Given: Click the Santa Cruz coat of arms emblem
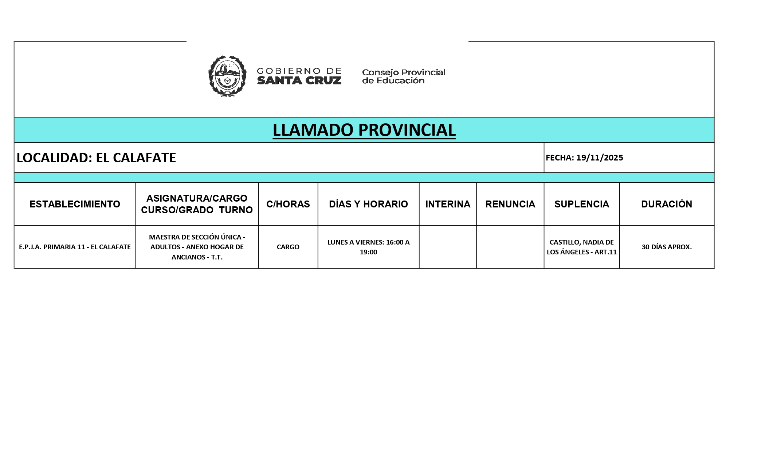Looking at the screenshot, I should [x=227, y=76].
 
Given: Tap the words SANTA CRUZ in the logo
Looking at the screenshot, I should [x=299, y=80].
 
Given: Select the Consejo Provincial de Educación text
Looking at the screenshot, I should [x=404, y=76].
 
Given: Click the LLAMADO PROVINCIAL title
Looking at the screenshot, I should [x=364, y=130].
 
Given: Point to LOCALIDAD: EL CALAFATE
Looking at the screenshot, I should [x=97, y=158].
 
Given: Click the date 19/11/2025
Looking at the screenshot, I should [x=599, y=158].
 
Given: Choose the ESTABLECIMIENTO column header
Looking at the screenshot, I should [x=75, y=204].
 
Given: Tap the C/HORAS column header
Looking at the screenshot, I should [x=288, y=204].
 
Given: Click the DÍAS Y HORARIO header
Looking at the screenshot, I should [x=368, y=204].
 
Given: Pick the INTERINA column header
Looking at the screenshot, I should [x=448, y=204].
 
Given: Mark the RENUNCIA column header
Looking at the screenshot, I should [x=510, y=204].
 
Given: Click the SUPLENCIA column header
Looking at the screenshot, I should [x=581, y=204].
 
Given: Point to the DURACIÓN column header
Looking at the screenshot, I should [x=666, y=204].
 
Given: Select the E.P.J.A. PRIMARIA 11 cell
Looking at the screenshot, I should [x=75, y=247].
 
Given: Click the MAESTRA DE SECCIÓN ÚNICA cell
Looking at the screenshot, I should [x=197, y=247].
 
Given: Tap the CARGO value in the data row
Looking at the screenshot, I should [x=288, y=247].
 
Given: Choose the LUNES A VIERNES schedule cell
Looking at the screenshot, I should [x=368, y=247].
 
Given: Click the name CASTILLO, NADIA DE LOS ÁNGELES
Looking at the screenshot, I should [x=581, y=247].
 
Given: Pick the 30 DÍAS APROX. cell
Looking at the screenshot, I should [x=666, y=247].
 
